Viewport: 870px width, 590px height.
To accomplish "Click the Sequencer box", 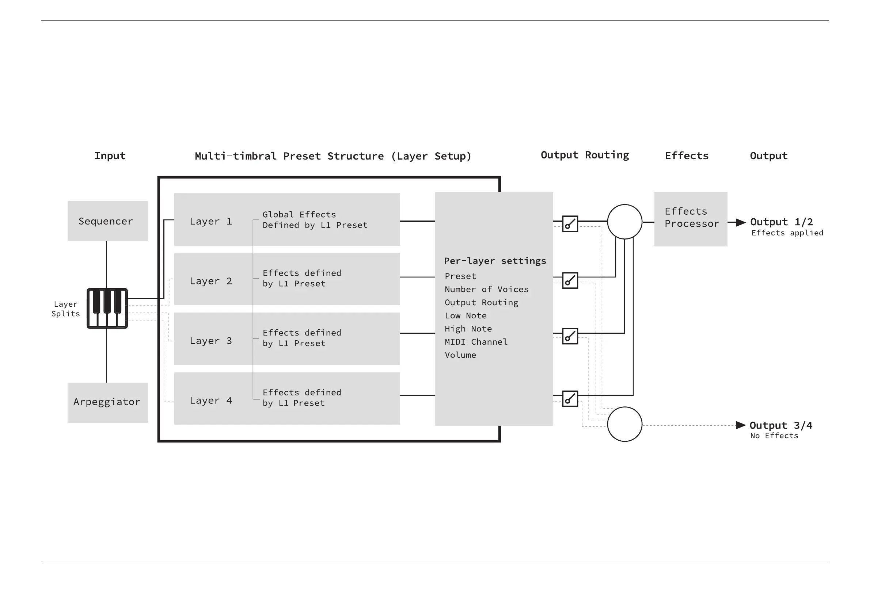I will click(107, 221).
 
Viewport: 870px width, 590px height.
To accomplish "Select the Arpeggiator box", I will click(107, 402).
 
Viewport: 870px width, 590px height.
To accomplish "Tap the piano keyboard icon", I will click(107, 308).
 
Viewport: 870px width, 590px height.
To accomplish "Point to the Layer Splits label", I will click(65, 309).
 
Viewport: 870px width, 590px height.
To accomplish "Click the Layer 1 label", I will click(211, 221).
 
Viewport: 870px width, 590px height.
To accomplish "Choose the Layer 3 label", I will click(211, 341).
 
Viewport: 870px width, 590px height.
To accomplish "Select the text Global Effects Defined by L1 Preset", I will click(315, 220).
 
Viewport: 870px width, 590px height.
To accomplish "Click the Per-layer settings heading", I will click(495, 261).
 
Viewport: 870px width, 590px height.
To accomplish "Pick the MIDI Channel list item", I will click(476, 342).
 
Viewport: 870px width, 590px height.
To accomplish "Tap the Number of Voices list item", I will click(486, 289).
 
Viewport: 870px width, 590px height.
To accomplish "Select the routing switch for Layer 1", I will click(570, 224).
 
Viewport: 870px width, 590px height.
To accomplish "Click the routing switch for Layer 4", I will click(570, 398).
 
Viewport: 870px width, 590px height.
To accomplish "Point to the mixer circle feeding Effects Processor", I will click(624, 222).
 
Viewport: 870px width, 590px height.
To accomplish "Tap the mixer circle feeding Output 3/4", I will click(624, 424).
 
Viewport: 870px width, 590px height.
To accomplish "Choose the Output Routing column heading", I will click(585, 155).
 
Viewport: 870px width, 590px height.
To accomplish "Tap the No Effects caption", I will click(774, 436).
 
